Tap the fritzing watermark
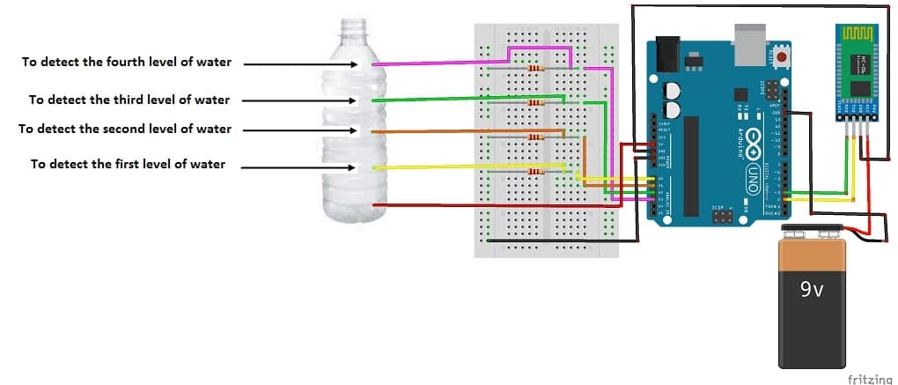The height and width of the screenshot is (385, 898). (868, 378)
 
